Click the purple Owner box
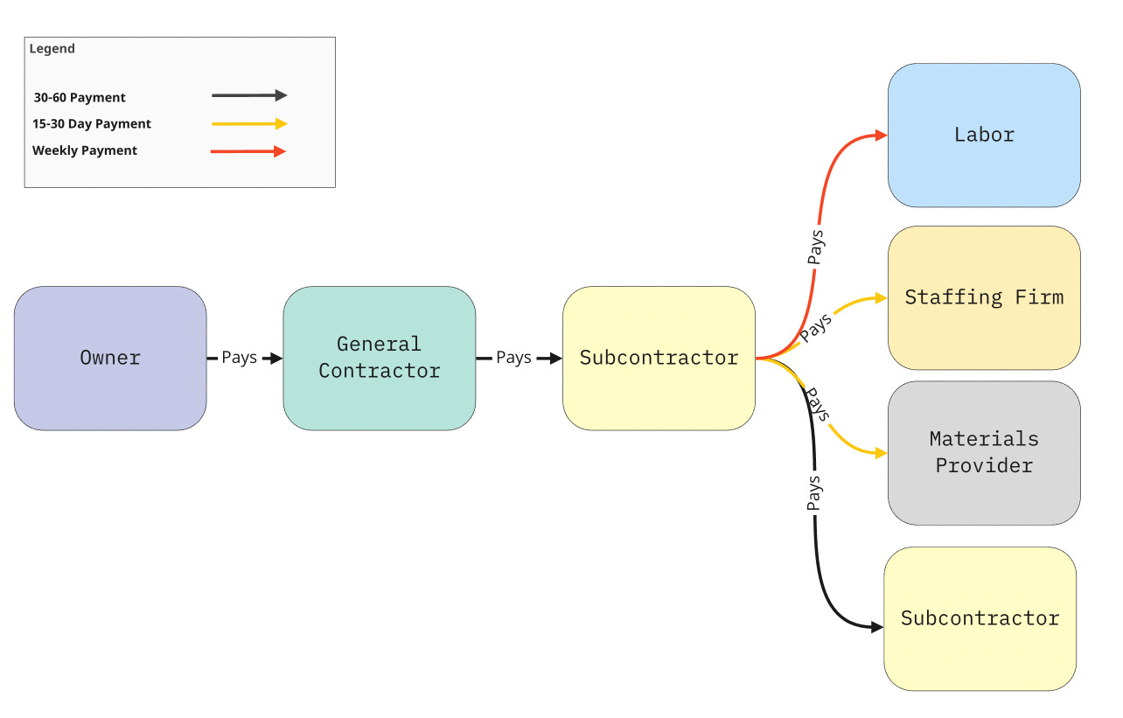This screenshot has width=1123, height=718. (110, 358)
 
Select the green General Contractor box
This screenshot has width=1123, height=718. (379, 358)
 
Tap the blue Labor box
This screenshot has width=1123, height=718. (984, 135)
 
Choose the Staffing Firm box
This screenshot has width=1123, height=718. (984, 297)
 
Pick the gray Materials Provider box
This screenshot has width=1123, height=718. (984, 452)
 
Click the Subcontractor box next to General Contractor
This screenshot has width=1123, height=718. (659, 358)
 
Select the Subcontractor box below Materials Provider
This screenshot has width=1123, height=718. (980, 618)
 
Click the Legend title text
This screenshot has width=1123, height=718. (52, 49)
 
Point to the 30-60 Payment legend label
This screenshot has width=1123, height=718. (80, 97)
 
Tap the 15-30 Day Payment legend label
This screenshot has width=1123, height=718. (92, 124)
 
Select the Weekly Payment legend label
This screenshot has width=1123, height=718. (85, 150)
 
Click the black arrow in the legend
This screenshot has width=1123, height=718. (249, 96)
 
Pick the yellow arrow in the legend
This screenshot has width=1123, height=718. (249, 124)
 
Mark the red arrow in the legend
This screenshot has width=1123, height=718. (249, 151)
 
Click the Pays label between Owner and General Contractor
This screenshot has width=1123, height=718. (239, 358)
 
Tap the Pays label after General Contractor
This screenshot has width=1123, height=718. (513, 358)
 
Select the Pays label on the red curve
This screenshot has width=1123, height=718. (815, 247)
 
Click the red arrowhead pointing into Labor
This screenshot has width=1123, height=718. (881, 136)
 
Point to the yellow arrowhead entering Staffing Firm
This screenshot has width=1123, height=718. (881, 298)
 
